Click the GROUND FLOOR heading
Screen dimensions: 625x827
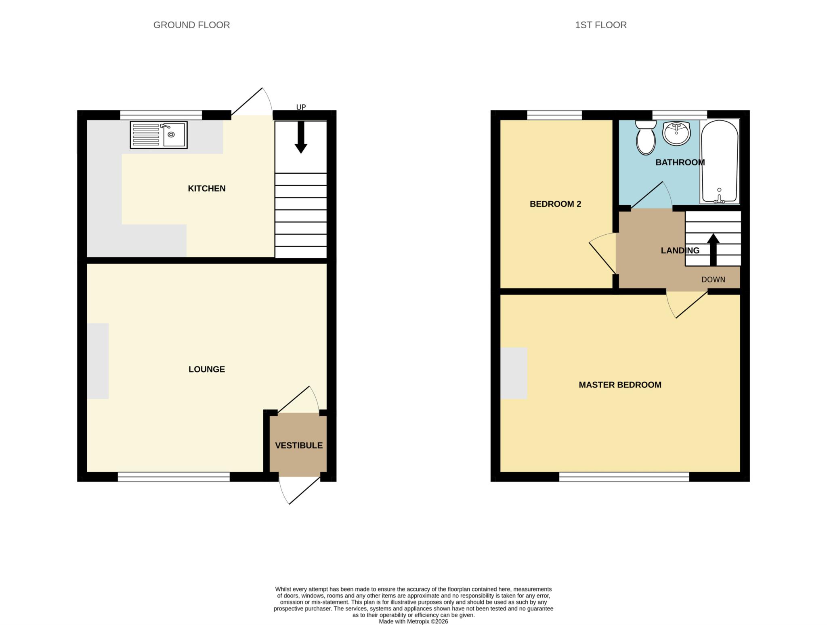[191, 25]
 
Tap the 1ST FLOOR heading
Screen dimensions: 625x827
[600, 25]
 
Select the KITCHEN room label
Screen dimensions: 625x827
[206, 188]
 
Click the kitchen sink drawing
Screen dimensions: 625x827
[159, 135]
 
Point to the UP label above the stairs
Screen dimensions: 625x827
[301, 107]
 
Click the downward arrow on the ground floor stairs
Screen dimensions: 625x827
[300, 138]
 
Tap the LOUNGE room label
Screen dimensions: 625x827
[206, 369]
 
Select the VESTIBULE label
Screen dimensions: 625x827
[298, 445]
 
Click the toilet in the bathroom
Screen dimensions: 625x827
[645, 138]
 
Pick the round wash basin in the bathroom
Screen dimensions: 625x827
[676, 133]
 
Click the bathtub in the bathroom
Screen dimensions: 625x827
[720, 162]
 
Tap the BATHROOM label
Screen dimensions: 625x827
[680, 162]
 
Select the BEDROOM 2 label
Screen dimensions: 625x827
[555, 204]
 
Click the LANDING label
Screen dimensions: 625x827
[680, 250]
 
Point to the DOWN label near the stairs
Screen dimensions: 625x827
[713, 280]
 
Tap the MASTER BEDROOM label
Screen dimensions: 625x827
[620, 385]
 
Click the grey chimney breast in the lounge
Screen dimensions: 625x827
[98, 361]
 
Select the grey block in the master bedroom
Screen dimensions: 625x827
[514, 373]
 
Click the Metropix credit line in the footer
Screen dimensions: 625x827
[413, 621]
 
